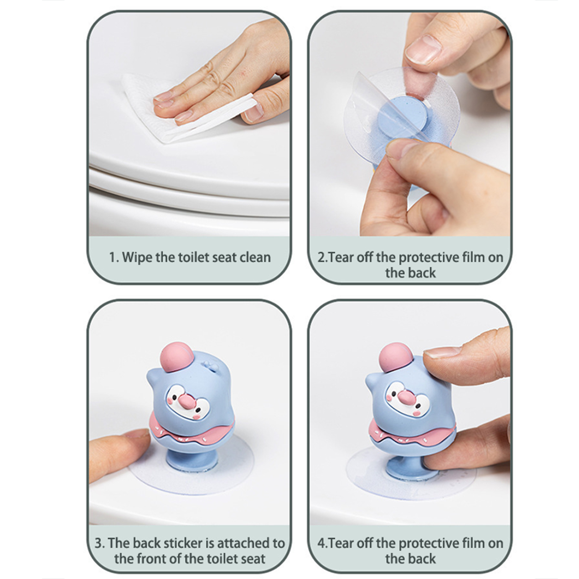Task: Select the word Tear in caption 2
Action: click(342, 257)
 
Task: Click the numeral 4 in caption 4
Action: click(321, 544)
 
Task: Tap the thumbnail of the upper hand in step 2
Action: click(423, 49)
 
